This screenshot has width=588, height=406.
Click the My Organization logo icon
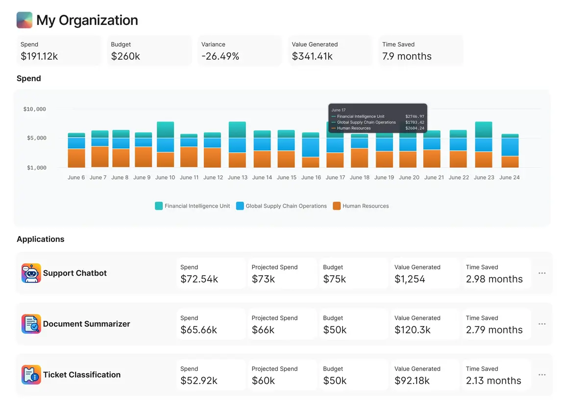coord(24,20)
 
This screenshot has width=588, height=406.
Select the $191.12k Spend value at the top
coord(39,56)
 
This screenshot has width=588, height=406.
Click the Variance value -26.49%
coord(220,56)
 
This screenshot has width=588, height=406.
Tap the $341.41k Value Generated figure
coord(312,56)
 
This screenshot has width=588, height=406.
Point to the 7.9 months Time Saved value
coord(407,56)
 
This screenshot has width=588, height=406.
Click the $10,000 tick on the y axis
coord(34,109)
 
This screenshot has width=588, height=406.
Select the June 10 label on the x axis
coord(165,177)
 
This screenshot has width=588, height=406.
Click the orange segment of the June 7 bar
coord(100,157)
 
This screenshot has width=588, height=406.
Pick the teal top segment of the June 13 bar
coord(237,130)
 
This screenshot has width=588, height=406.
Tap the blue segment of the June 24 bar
coord(510,147)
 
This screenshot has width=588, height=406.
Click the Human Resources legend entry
coord(365,206)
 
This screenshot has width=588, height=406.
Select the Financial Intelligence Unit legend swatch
coord(159,206)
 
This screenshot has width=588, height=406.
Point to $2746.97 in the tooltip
coord(415,117)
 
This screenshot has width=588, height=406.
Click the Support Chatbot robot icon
coord(31,273)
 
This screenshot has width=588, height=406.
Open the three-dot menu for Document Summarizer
coord(542,324)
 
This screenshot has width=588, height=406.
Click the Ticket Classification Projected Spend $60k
coord(263,381)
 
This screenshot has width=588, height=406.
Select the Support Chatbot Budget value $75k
coord(335,279)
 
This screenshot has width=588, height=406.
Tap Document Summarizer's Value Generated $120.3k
coord(412,330)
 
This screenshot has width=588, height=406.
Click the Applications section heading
coord(41,239)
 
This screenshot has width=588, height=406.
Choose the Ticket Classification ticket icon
coord(31,375)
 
